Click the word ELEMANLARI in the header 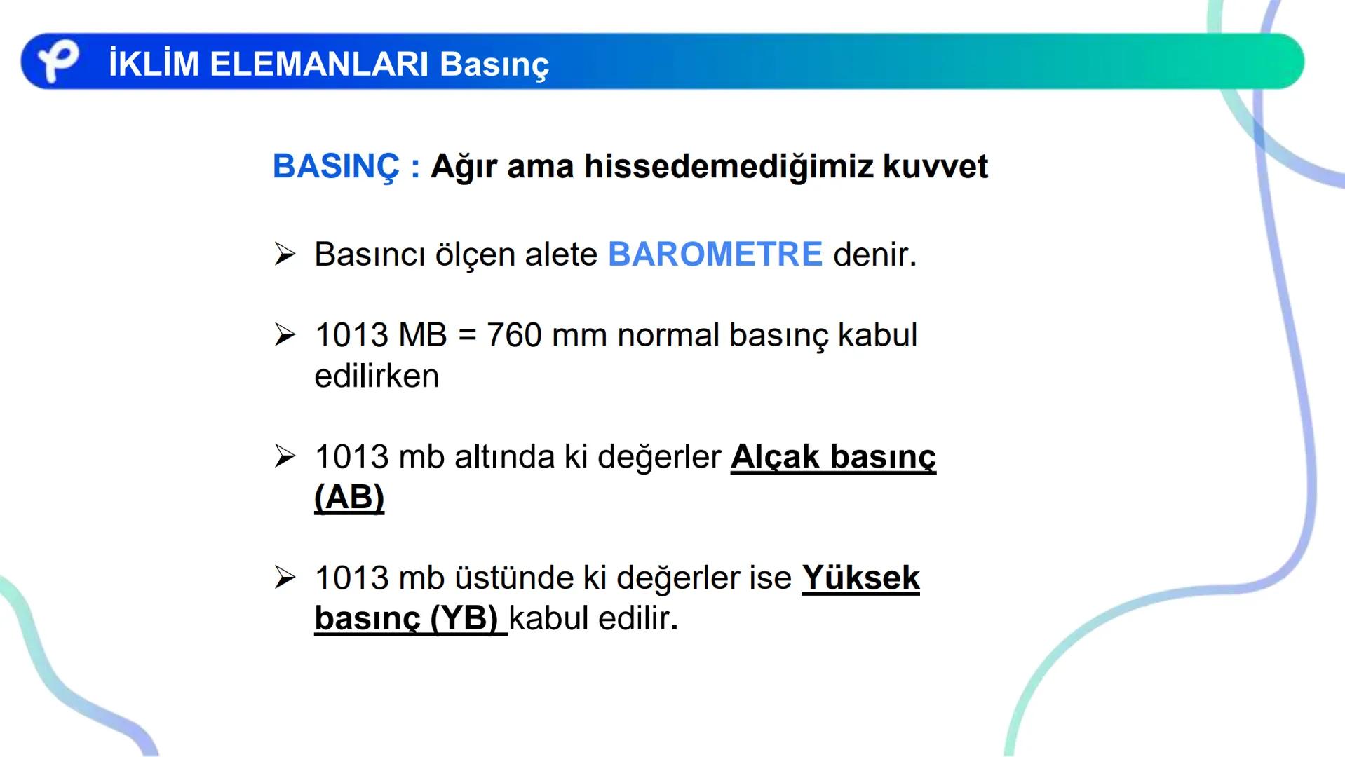318,64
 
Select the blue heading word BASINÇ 337,167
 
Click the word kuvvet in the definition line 935,167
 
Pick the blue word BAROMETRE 715,254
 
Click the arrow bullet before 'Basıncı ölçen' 285,254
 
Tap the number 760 513,335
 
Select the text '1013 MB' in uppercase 381,335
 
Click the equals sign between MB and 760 467,336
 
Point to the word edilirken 377,376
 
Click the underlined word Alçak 775,457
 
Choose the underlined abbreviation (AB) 349,498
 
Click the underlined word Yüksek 860,578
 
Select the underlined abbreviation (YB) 464,619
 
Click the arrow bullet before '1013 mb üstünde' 285,578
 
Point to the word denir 874,254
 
